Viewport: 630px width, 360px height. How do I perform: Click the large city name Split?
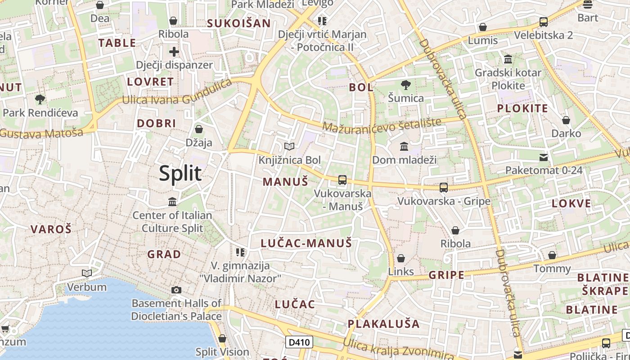coord(180,173)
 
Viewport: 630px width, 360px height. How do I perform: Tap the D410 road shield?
coord(299,342)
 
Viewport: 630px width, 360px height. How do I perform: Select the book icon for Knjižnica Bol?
coord(289,147)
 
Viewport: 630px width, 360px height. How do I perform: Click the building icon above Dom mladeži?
coord(404,147)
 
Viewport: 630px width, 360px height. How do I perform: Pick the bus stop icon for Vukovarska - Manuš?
coord(342,180)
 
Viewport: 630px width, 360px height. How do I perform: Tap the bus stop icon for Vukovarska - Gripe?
coord(444,187)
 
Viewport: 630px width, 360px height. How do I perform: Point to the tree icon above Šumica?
coord(405,85)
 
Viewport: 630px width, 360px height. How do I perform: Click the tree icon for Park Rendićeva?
coord(40,99)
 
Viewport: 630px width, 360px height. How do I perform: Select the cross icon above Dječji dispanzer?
coord(174,52)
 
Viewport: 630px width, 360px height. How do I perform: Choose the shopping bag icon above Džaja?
coord(199,129)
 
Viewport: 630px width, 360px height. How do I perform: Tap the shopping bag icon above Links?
coord(400,258)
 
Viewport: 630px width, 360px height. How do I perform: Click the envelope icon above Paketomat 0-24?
coord(544,157)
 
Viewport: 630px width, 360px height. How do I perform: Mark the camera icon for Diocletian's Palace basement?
coord(176,290)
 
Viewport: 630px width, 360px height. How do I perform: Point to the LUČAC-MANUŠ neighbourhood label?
coord(306,243)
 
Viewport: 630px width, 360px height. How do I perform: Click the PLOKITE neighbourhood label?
coord(522,108)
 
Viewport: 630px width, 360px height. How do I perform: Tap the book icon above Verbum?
coord(87,273)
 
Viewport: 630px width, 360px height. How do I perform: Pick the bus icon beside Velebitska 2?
coord(543,22)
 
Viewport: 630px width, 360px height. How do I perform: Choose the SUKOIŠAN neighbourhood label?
coord(239,23)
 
